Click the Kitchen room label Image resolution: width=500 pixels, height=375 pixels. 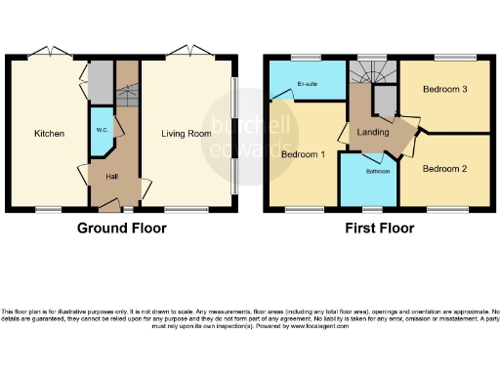pos(49,134)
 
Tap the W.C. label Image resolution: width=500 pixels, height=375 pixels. pos(101,130)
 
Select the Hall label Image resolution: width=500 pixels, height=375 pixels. pos(113,176)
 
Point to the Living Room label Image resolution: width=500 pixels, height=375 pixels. pos(187,134)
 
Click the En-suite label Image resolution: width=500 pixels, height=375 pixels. pos(308,84)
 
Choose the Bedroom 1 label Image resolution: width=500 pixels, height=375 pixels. pos(302,154)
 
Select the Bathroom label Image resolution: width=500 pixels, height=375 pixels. pos(377,172)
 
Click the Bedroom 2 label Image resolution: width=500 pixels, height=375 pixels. pos(445,168)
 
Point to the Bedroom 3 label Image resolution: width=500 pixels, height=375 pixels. pos(445,90)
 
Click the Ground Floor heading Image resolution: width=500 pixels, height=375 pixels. pos(122,229)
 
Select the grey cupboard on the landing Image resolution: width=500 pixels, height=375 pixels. pos(386,100)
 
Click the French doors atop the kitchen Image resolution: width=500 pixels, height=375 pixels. pos(47,54)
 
